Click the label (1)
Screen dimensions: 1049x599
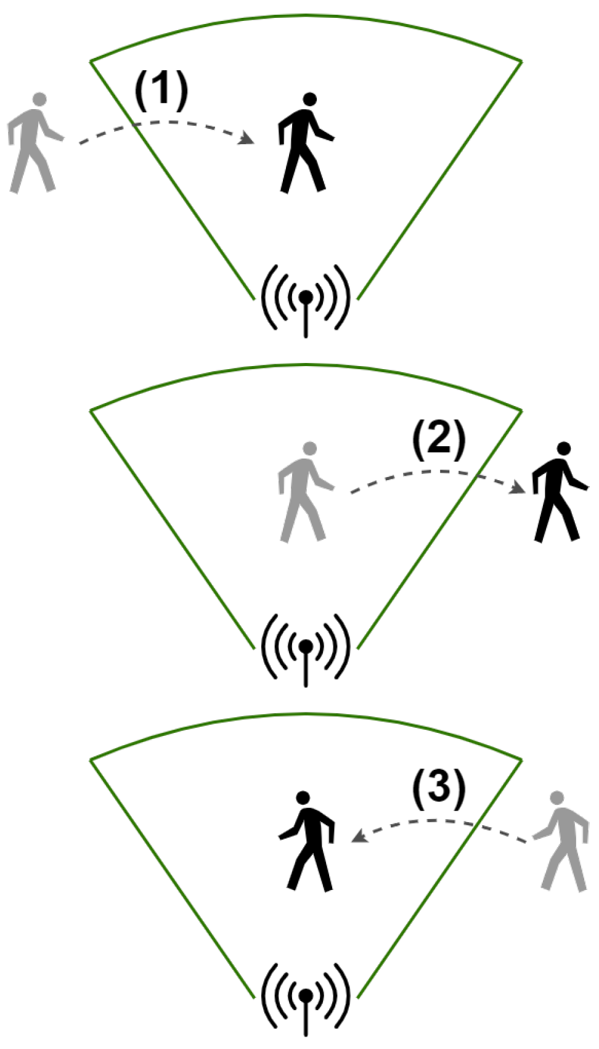tap(161, 91)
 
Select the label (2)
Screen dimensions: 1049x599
tap(438, 441)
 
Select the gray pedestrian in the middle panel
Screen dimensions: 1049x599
tap(304, 493)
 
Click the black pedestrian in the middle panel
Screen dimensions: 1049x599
tap(558, 493)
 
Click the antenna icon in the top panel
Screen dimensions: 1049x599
tap(306, 299)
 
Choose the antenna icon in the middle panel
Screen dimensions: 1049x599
tap(306, 648)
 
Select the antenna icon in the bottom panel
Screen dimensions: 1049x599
tap(306, 997)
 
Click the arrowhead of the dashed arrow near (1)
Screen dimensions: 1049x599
tap(248, 139)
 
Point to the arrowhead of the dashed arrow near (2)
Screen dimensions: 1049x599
tap(519, 488)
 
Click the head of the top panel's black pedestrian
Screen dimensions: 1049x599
tap(310, 99)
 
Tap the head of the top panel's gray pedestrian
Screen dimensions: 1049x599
tap(40, 99)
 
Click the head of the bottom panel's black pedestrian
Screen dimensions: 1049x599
tap(303, 798)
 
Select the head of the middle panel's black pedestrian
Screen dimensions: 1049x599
tap(563, 448)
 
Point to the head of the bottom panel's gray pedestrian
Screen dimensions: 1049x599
tap(556, 798)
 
